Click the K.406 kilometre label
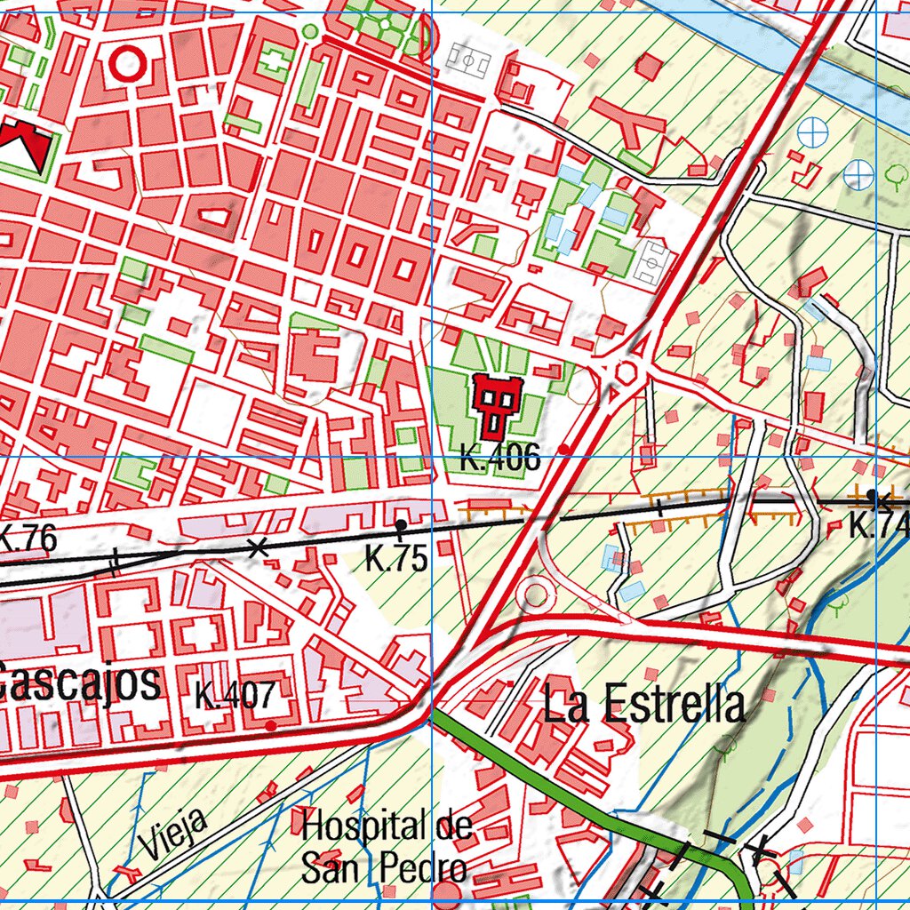click(x=499, y=459)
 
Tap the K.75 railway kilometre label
click(x=396, y=559)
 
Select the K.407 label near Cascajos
click(x=235, y=695)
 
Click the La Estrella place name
click(x=644, y=705)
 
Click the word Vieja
click(x=174, y=833)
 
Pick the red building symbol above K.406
click(x=495, y=404)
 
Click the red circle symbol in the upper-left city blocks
click(x=128, y=63)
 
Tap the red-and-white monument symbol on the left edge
click(x=22, y=147)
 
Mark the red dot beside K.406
click(x=564, y=450)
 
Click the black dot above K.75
click(x=402, y=525)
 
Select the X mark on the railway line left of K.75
click(x=258, y=547)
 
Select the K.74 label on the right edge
click(x=879, y=525)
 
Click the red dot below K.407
click(x=271, y=725)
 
